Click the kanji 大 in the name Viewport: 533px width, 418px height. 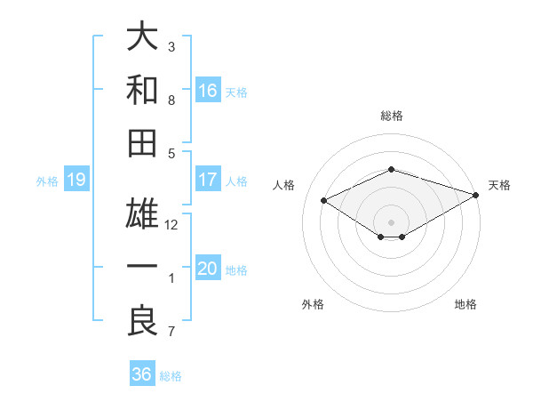tap(142, 37)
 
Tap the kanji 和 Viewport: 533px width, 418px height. tap(142, 89)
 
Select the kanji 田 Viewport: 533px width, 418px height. tap(142, 143)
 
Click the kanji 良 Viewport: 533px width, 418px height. tap(142, 320)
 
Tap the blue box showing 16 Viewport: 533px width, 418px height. tap(208, 91)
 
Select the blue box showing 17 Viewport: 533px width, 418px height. tap(208, 180)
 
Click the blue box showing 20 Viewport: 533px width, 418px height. tap(208, 269)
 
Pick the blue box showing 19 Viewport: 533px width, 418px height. tap(76, 181)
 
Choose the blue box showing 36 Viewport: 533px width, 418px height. tap(142, 374)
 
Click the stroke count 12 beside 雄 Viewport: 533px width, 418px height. tap(171, 225)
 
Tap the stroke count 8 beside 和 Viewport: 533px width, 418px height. tap(171, 100)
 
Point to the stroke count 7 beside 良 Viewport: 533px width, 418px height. tap(171, 333)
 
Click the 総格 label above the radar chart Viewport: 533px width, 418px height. tap(392, 116)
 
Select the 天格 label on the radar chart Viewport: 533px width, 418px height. tap(499, 185)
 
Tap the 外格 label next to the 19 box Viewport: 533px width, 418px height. tap(47, 181)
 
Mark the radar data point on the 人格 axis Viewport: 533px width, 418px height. tap(324, 199)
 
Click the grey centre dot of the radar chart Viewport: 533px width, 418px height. tap(392, 221)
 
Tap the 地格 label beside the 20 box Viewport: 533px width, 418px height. tap(237, 270)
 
